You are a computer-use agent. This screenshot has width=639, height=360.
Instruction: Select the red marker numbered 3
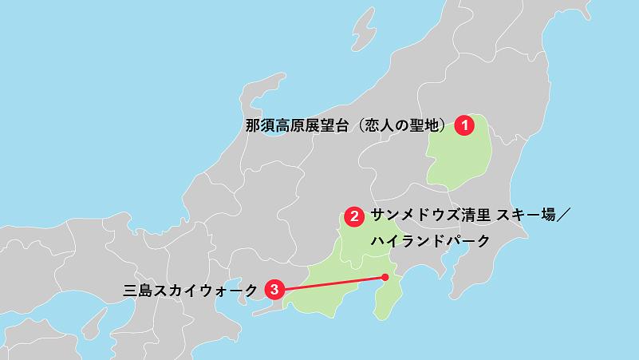point(274,289)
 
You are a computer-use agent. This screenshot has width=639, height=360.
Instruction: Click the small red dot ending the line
point(385,278)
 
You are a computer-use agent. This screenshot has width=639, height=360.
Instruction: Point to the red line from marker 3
point(331,283)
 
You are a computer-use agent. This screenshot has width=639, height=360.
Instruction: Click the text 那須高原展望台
point(295,126)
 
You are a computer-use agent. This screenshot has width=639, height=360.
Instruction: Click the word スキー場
point(526,215)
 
